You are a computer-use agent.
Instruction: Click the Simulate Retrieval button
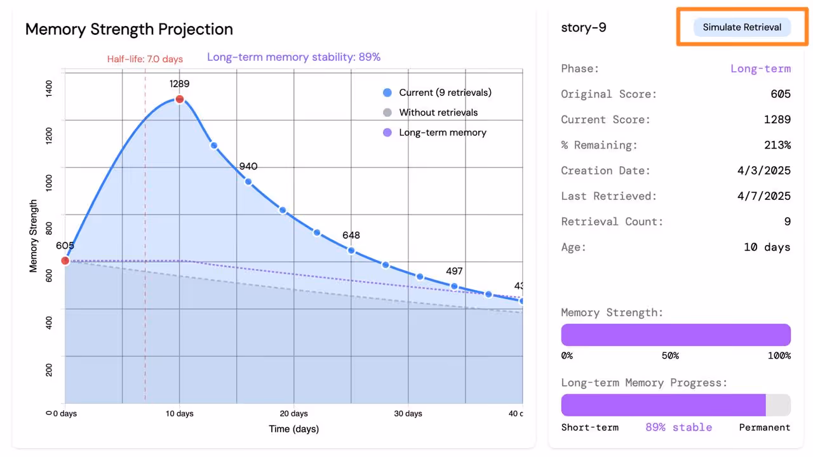(x=741, y=27)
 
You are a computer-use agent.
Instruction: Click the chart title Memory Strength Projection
(x=129, y=29)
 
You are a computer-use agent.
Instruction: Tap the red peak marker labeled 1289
(x=180, y=99)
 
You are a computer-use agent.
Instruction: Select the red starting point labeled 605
(x=65, y=260)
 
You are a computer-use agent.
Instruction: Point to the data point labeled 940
(x=248, y=182)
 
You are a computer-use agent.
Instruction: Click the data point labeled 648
(x=351, y=250)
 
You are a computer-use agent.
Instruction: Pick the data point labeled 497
(x=454, y=286)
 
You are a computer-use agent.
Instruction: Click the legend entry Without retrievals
(x=438, y=112)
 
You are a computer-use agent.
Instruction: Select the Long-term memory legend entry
(x=442, y=133)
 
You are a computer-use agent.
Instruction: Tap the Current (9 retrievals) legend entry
(x=445, y=93)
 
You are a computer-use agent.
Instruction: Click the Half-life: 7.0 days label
(x=145, y=59)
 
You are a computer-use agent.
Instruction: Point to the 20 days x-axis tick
(x=294, y=414)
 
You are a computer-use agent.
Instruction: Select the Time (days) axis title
(x=293, y=429)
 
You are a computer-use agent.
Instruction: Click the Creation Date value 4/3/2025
(x=764, y=171)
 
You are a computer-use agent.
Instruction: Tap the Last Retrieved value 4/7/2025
(x=764, y=196)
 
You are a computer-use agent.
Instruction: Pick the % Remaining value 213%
(x=777, y=145)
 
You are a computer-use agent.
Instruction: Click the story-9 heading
(x=584, y=28)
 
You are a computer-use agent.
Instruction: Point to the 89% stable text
(x=678, y=427)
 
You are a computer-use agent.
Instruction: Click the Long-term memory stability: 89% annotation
(x=293, y=57)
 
